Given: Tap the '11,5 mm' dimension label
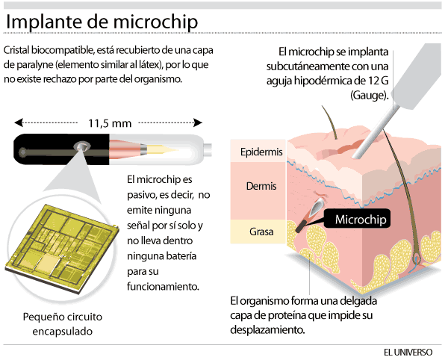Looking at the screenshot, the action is [110, 122].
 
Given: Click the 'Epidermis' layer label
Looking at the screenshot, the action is [261, 152].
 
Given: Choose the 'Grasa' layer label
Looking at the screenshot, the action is [261, 232].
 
